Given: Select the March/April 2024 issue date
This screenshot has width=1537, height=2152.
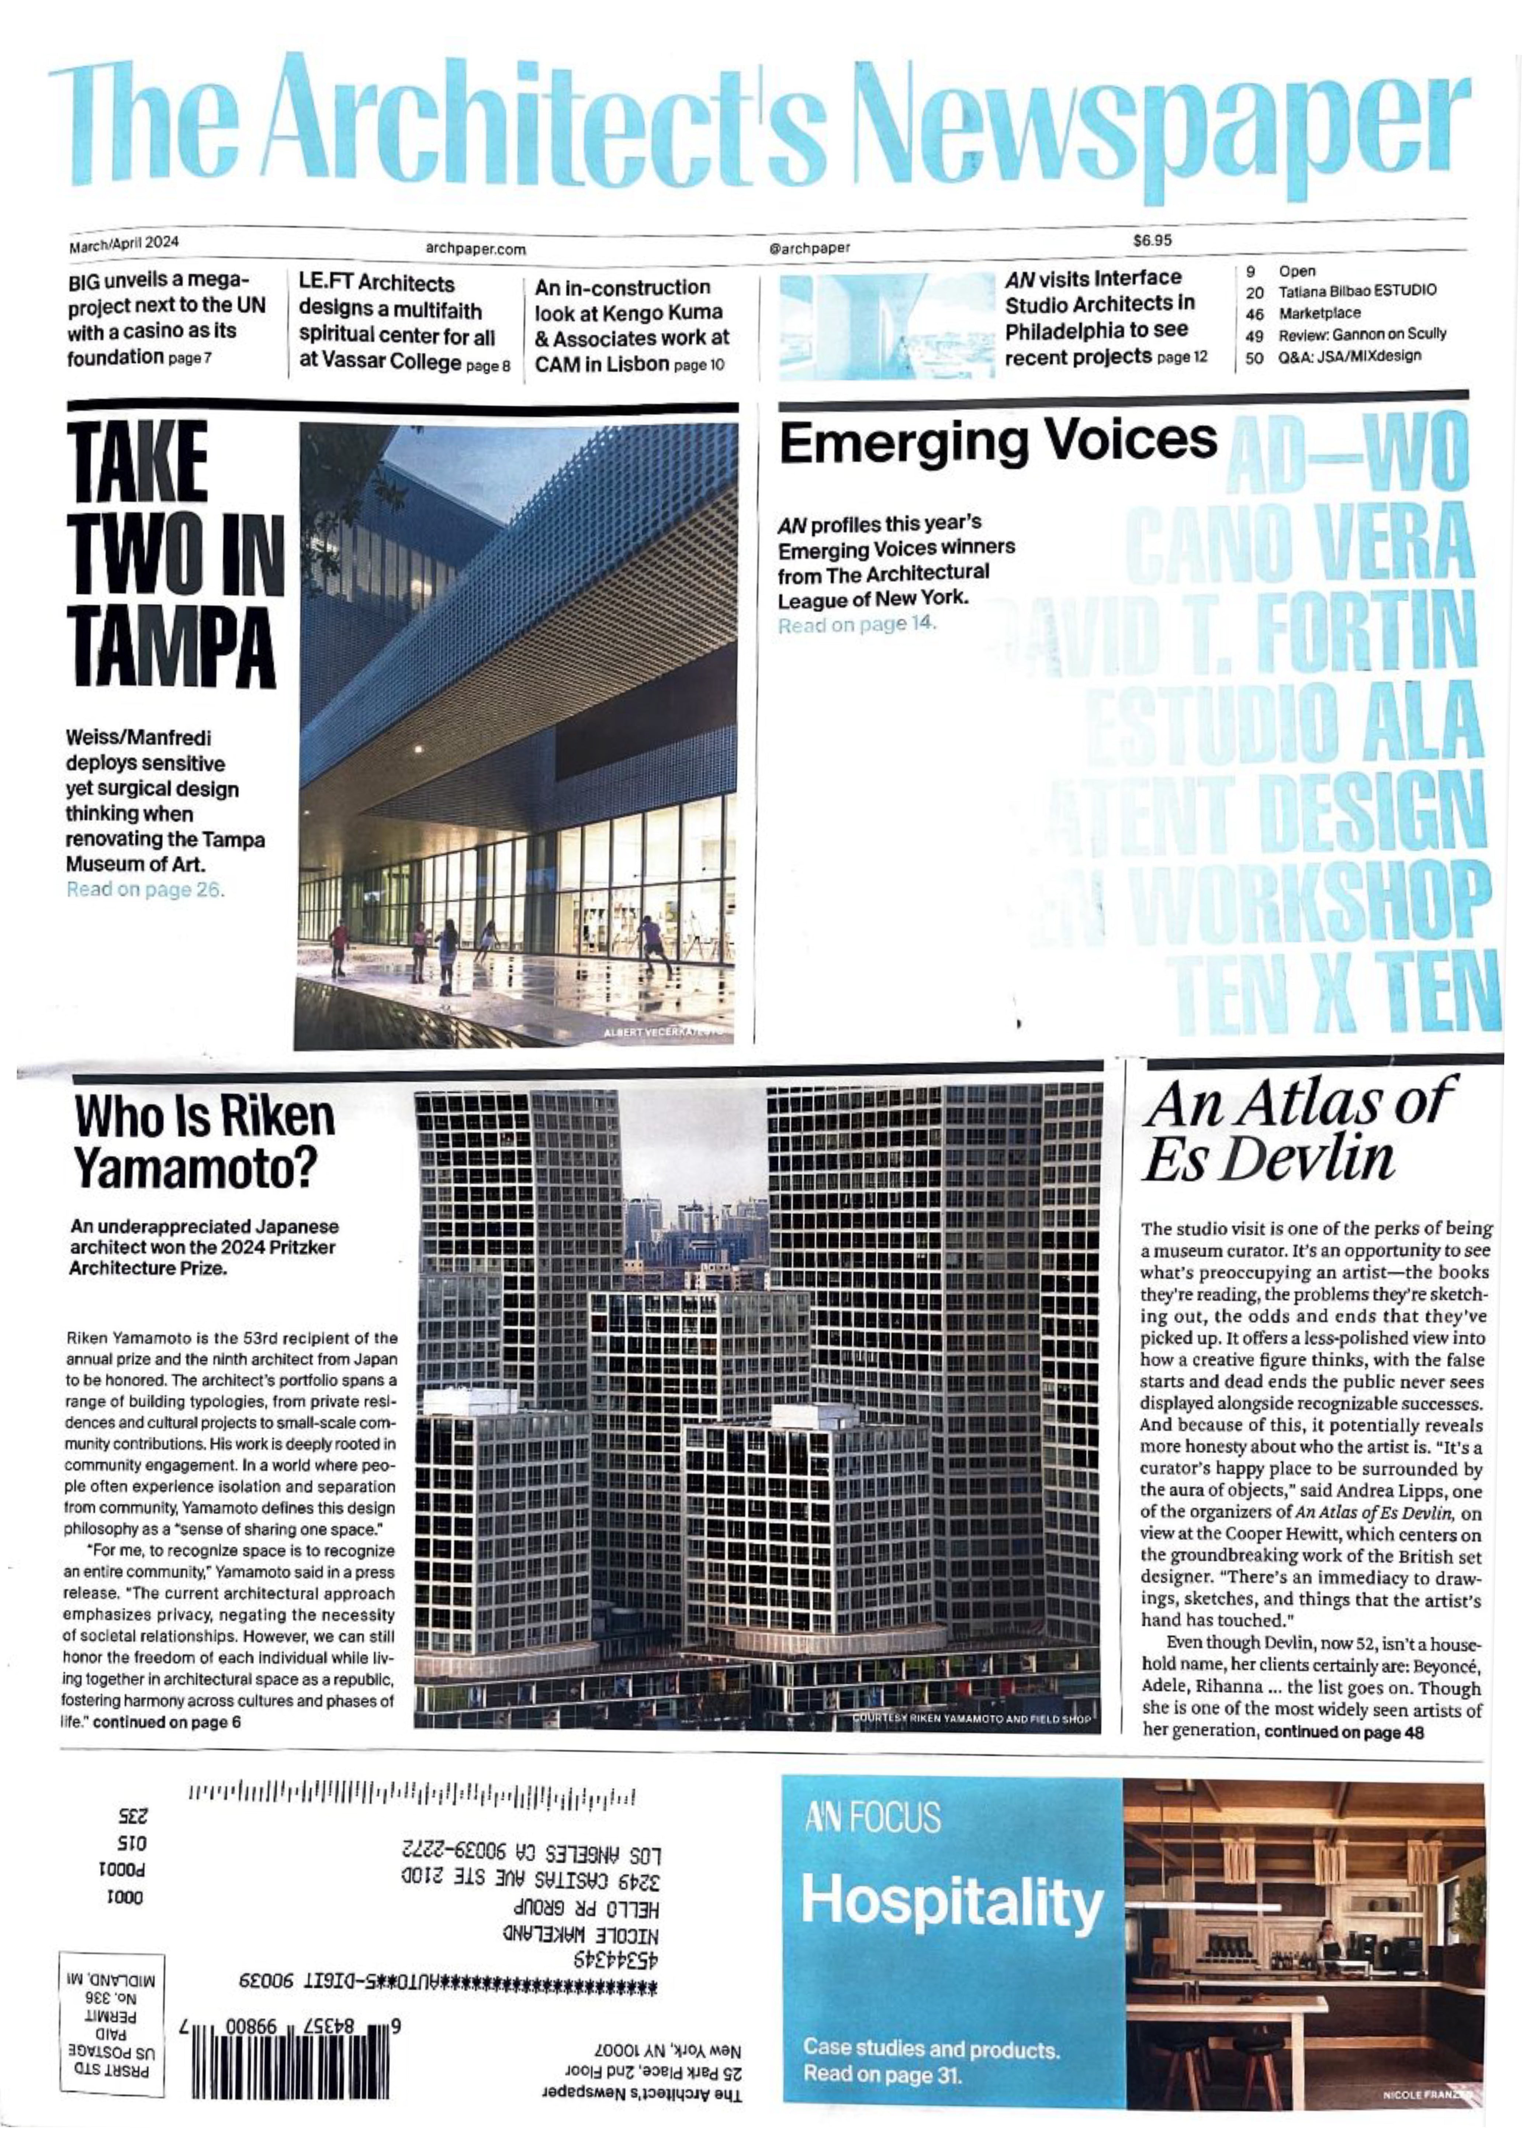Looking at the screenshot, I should point(124,244).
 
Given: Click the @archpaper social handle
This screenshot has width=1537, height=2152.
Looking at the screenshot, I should point(810,248).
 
